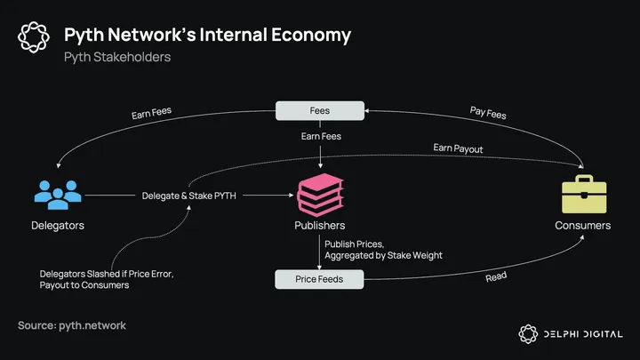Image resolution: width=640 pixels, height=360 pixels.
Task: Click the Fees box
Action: tap(320, 111)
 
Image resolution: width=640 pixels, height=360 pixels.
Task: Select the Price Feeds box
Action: tap(319, 280)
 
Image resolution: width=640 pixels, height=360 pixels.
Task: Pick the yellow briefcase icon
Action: tap(583, 193)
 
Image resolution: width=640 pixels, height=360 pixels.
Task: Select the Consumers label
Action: tap(583, 226)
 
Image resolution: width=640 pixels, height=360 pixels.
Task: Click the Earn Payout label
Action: tap(459, 149)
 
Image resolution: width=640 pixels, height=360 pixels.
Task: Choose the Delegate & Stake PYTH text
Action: tap(189, 195)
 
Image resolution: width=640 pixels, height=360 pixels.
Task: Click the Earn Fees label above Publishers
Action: tap(320, 137)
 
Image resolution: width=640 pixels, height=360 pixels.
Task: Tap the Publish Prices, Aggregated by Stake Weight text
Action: tap(383, 249)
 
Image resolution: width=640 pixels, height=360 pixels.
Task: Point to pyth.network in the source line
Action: tap(92, 325)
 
